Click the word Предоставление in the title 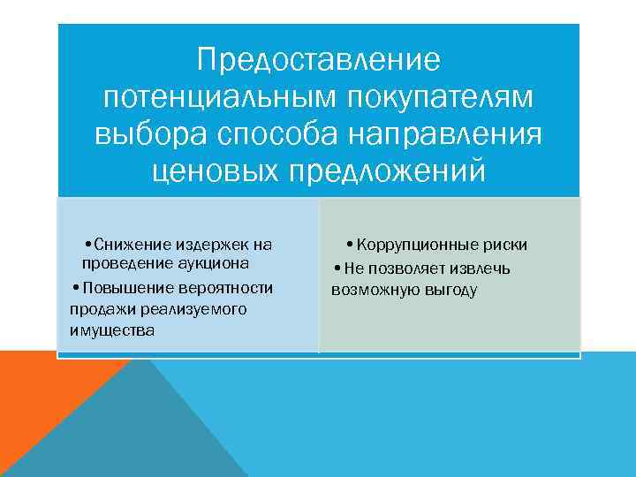point(318,61)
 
